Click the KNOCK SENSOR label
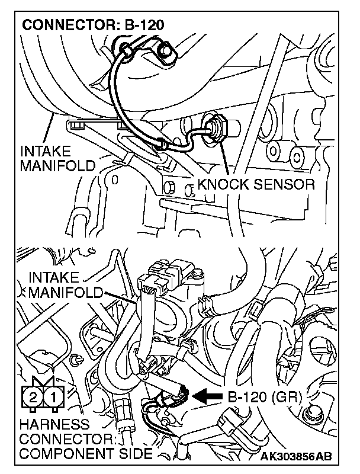(x=255, y=184)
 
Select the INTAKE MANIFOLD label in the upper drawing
(x=57, y=158)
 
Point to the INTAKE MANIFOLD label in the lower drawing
(x=65, y=284)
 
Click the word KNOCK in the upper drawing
(x=223, y=184)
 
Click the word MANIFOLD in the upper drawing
(x=57, y=165)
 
